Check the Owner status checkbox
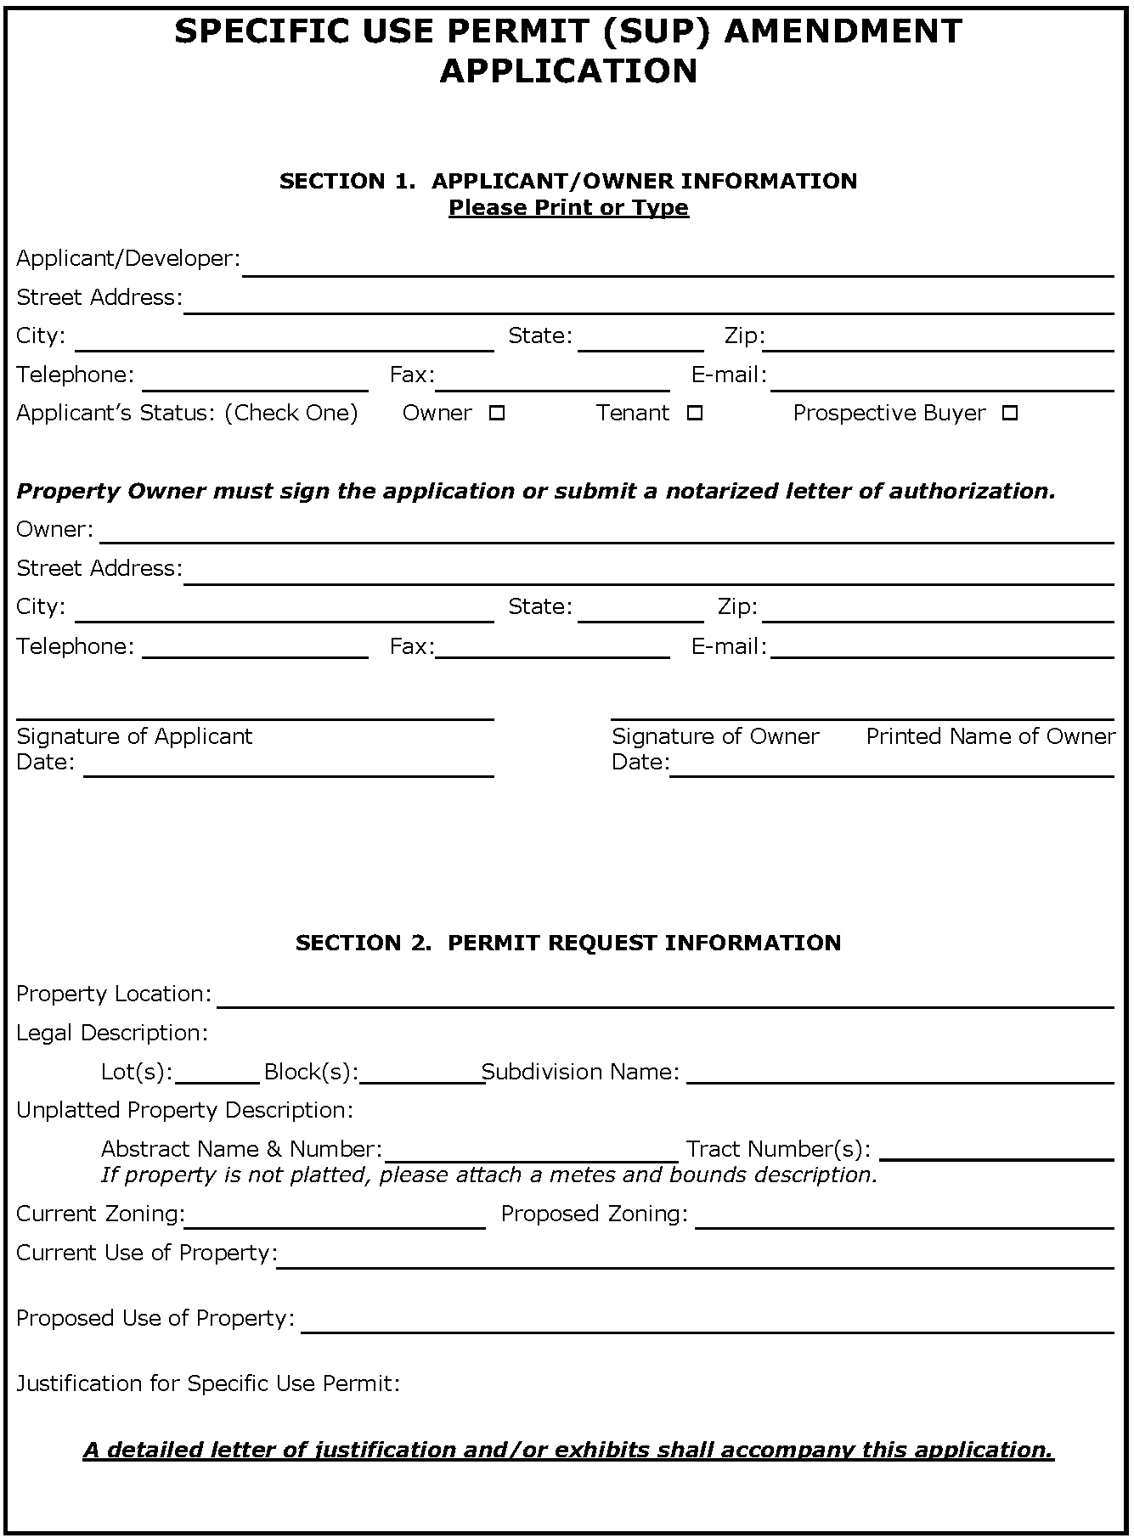(x=497, y=414)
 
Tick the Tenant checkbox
(x=694, y=414)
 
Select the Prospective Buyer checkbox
(x=1009, y=414)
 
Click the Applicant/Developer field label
(x=128, y=259)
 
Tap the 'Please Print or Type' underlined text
(x=568, y=208)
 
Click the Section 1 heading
(x=568, y=181)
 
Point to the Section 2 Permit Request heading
(x=568, y=943)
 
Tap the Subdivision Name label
(x=581, y=1073)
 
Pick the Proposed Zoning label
(x=595, y=1214)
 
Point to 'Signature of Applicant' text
(x=134, y=736)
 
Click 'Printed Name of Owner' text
(x=990, y=736)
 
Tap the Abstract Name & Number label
(x=241, y=1150)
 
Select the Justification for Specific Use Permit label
(x=208, y=1383)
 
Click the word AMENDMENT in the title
(x=843, y=31)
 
